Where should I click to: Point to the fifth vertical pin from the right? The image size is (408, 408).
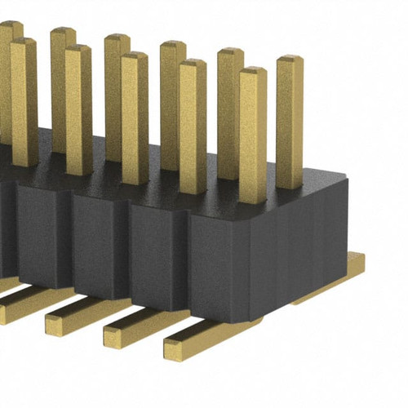point(172,98)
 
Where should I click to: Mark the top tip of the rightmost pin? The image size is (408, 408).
point(290,60)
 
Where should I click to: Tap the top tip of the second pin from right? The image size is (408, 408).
point(253,72)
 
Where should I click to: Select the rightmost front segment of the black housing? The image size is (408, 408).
point(216,261)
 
